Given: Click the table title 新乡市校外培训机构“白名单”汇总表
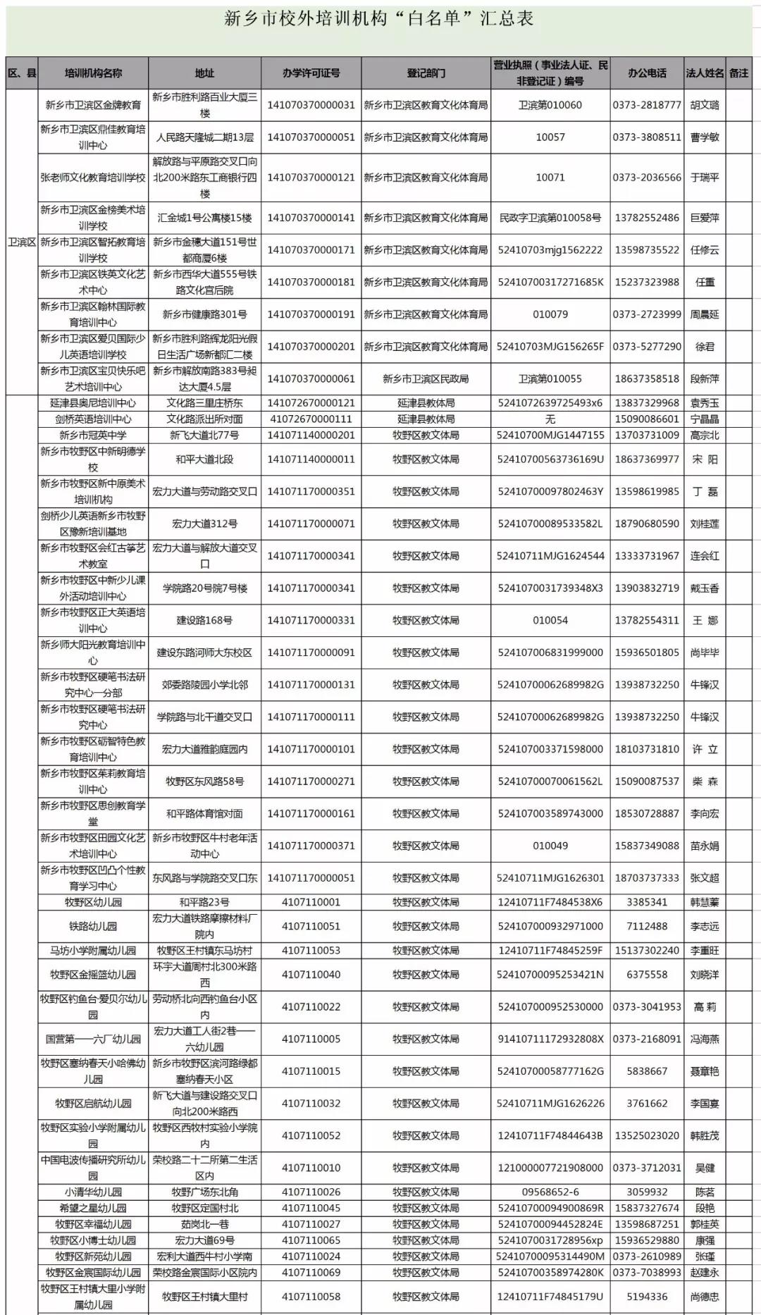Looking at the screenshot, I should coord(379,19).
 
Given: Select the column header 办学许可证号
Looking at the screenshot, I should coord(311,73).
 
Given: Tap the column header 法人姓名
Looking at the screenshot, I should coord(705,73).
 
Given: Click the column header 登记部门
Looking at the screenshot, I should coord(426,73).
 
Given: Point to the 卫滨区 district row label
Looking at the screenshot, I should coord(22,242).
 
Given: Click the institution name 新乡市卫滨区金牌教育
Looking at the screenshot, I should coord(93,105).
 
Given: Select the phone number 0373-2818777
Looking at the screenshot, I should coord(647,105).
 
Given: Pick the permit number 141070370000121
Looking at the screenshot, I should coord(311,178).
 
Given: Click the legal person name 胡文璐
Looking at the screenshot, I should coord(705,105).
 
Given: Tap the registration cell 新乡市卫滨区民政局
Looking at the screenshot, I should coord(426,379).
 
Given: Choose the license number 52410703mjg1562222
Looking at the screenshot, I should coord(550,250).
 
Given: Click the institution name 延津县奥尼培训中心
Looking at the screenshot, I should coord(93,403).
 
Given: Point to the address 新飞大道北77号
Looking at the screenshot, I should coord(204,436).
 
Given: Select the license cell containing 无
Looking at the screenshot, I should coord(550,419).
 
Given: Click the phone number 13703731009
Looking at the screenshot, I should coord(647,436).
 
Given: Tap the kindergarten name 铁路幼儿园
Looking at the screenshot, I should coord(93,927).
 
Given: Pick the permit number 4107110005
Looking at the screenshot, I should coord(311,1039).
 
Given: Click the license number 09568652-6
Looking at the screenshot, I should coord(550,1192).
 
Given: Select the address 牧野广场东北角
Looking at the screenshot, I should coord(204,1192).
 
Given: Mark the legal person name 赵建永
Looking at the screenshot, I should coord(705,1273).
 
